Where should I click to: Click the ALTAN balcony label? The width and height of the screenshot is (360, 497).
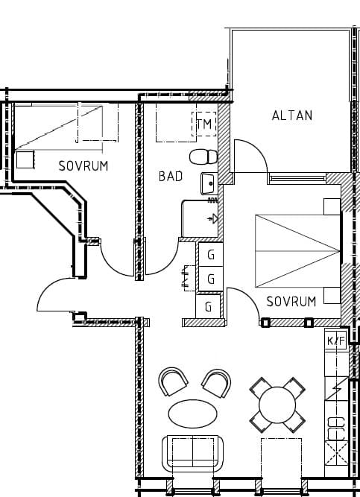(x=292, y=115)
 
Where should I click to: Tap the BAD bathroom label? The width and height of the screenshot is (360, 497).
(x=171, y=177)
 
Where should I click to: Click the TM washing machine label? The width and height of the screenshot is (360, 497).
(x=204, y=124)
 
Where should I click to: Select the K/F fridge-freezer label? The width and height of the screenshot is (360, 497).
(x=336, y=341)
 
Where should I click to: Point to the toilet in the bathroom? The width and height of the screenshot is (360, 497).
(x=203, y=157)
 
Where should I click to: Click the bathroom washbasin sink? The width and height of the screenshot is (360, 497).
(x=209, y=183)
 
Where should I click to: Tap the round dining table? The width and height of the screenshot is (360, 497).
(x=277, y=405)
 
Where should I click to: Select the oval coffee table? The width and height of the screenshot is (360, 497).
(x=192, y=414)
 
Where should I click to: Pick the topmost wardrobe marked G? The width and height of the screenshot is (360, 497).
(x=211, y=255)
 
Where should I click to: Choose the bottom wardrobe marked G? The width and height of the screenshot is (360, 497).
(x=208, y=306)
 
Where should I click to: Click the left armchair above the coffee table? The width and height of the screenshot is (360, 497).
(x=173, y=382)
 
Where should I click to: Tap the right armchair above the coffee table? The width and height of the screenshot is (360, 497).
(x=217, y=383)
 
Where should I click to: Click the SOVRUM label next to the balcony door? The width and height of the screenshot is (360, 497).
(x=291, y=302)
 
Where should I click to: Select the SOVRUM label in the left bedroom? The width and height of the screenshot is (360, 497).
(x=83, y=166)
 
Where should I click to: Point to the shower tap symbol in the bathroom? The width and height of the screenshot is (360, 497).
(x=213, y=218)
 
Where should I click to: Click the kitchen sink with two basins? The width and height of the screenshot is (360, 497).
(x=336, y=429)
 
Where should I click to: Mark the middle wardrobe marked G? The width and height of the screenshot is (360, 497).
(x=211, y=279)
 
